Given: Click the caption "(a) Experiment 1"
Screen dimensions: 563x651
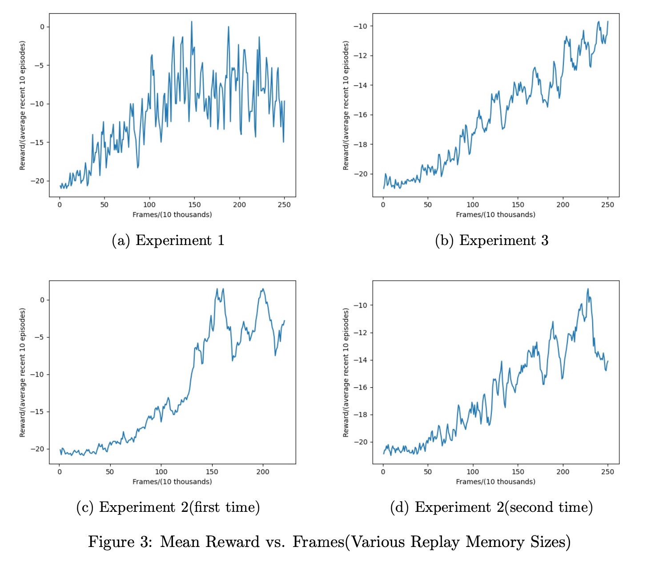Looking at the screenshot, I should tap(168, 241).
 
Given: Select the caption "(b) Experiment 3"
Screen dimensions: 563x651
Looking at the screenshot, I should tap(491, 241).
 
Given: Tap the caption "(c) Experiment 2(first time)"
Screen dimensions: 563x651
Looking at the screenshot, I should tap(168, 507).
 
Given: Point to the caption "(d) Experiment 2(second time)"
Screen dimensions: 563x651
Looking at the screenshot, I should tap(491, 507).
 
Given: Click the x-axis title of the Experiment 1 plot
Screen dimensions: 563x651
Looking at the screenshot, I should tap(172, 215).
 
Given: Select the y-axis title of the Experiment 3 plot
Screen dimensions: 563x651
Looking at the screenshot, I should tap(346, 105).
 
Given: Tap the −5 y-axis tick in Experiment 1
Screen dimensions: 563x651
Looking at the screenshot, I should tap(39, 65).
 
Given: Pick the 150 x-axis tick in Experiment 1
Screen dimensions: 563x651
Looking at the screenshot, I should tap(194, 205).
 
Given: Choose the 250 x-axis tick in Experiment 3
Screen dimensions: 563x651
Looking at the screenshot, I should tap(607, 205).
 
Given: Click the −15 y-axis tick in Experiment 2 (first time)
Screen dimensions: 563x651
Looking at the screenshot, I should tap(37, 412).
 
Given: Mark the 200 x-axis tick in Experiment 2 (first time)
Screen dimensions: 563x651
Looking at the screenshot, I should tap(263, 472).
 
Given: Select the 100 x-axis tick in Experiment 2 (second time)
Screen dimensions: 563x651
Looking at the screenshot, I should tap(473, 472).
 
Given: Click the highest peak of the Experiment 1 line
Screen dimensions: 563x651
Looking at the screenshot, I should tap(192, 21).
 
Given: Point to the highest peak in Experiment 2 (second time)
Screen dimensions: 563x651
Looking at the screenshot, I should tap(588, 289).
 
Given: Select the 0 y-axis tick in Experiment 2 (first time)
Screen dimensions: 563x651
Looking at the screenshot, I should tap(42, 300).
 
